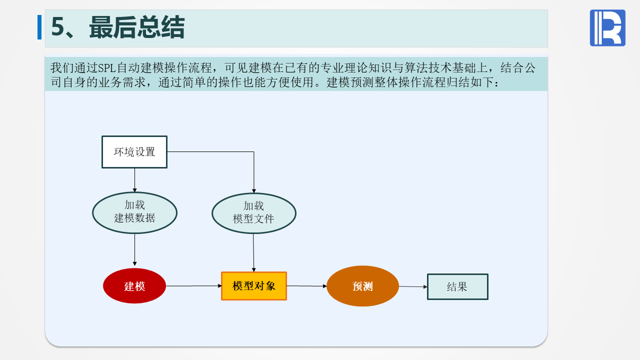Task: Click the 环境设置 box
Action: (134, 152)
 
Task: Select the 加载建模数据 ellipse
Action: (134, 212)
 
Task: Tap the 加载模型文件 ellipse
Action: (254, 213)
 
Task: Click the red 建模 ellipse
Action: (134, 286)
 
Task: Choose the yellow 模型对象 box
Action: (254, 286)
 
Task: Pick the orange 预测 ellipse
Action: (362, 286)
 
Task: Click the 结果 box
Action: (457, 286)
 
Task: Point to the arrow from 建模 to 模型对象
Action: (193, 286)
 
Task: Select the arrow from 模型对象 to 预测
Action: (306, 286)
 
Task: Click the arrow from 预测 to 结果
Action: (413, 286)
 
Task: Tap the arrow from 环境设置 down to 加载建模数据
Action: (134, 180)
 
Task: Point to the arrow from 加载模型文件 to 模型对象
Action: (253, 252)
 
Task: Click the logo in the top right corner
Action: (607, 28)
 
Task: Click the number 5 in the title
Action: (58, 28)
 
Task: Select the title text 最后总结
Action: (137, 28)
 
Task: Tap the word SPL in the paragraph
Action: (107, 68)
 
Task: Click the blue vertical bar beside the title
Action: (39, 27)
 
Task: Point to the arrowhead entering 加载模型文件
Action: (254, 190)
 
